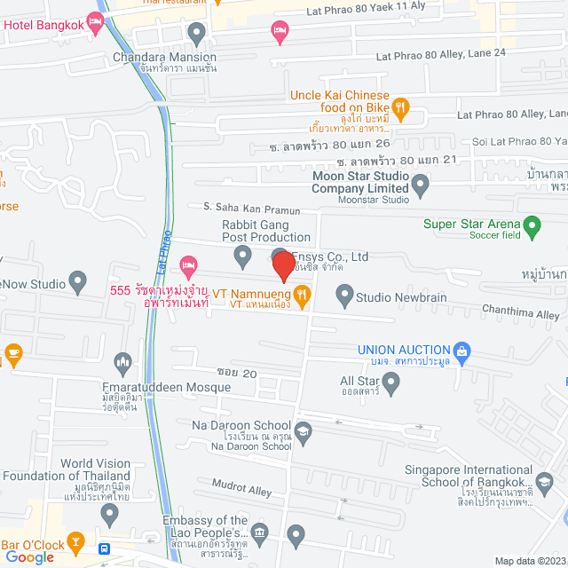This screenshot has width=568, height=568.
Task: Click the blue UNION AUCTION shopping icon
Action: (x=461, y=351)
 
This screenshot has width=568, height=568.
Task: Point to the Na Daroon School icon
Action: (x=304, y=432)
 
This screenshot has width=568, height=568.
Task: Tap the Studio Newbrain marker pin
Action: (x=344, y=293)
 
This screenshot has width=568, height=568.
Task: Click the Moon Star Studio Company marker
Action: (x=422, y=186)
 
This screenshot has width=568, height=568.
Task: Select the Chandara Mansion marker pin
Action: (x=197, y=34)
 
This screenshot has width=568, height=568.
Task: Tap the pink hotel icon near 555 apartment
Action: (x=187, y=264)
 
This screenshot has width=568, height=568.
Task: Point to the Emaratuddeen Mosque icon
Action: (x=122, y=362)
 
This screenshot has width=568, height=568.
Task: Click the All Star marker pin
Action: (x=391, y=382)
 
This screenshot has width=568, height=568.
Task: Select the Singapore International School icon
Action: (x=544, y=479)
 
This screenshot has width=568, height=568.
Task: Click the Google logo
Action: (x=29, y=556)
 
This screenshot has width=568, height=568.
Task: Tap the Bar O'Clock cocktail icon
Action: (x=75, y=541)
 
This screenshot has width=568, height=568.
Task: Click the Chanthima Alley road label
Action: (x=521, y=314)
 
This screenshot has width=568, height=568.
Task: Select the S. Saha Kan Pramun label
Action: (x=252, y=209)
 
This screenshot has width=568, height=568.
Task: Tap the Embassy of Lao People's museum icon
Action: (x=259, y=532)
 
